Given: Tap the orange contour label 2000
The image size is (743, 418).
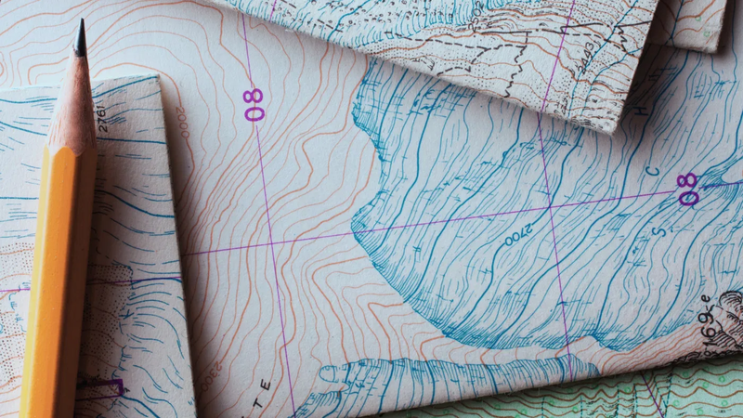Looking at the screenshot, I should [183, 122].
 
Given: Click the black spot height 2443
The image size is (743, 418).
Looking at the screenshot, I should [586, 60].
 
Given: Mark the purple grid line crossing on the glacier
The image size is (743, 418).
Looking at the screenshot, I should [551, 207].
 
